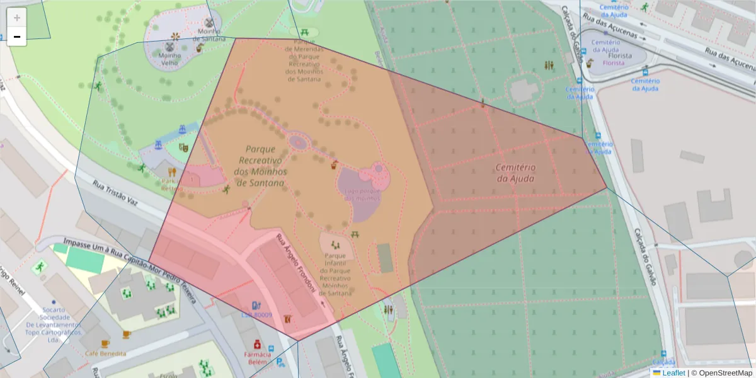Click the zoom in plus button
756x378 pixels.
pos(17,18)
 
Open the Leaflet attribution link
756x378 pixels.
pos(673,373)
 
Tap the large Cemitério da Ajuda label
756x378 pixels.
pos(515,173)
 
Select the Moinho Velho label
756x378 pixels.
pos(169,59)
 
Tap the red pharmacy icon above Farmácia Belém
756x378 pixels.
pos(257,345)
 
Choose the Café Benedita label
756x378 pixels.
pos(105,353)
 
